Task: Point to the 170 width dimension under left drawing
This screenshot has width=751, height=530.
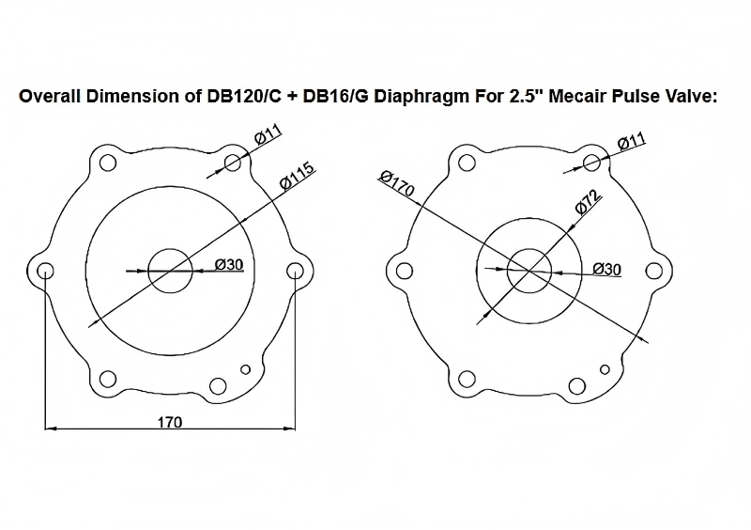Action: (x=169, y=422)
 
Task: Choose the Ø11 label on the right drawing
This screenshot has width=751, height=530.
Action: (x=631, y=143)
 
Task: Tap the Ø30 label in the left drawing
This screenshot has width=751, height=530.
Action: (x=229, y=264)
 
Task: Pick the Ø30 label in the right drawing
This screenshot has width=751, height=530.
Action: (x=607, y=270)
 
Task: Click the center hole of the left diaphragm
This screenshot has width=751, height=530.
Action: (x=170, y=271)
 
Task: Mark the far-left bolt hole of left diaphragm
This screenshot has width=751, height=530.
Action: (x=45, y=271)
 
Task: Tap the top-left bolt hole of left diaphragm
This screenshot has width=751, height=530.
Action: (x=108, y=163)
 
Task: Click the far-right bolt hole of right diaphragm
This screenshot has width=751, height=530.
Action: (x=655, y=271)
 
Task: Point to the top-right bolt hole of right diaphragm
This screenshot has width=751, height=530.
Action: (x=591, y=163)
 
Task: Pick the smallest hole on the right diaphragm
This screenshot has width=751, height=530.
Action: (x=605, y=368)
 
